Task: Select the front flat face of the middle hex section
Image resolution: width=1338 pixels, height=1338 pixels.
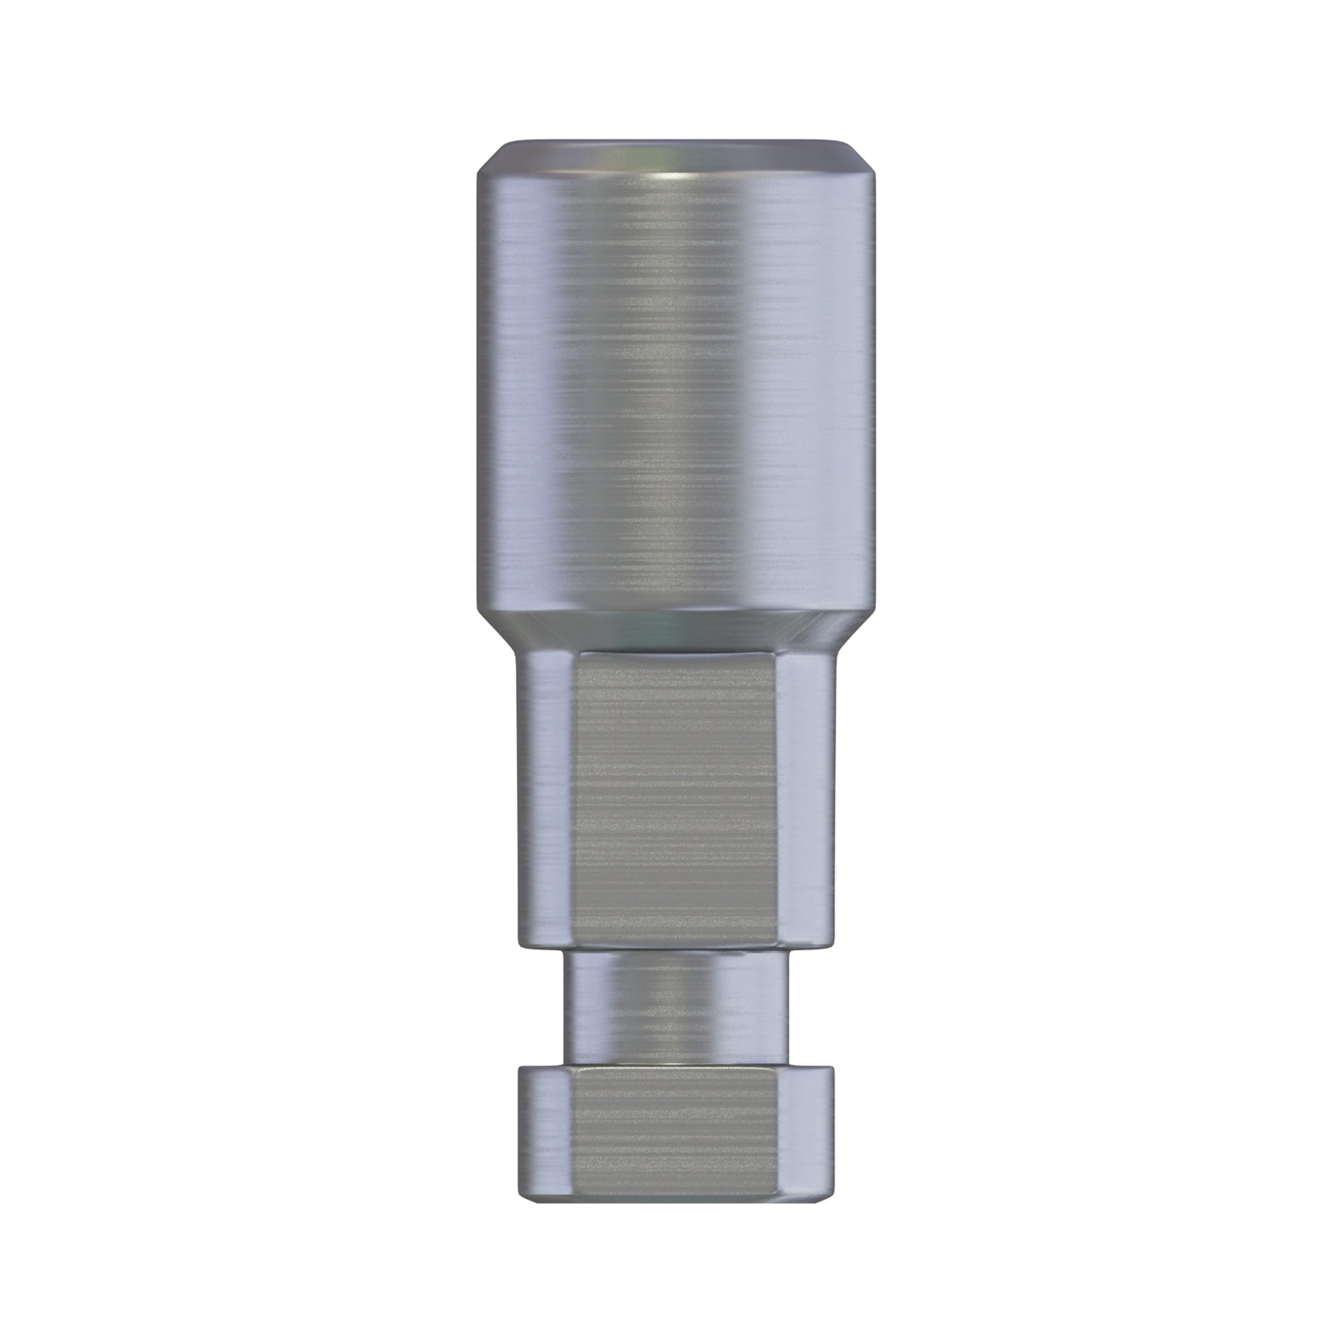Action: pos(675,796)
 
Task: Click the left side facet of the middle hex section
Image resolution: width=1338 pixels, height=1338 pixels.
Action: pos(547,796)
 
